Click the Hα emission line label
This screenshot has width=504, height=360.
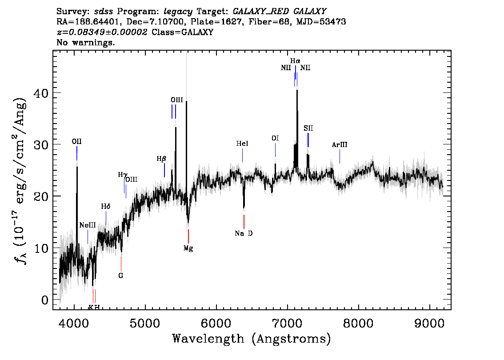[295, 61]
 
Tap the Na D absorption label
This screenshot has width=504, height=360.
[244, 233]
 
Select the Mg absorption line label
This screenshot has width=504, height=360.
[188, 248]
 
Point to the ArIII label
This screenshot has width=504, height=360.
[340, 144]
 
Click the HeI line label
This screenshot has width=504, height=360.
[242, 144]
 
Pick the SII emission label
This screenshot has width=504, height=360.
[308, 128]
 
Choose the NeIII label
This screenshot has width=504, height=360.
[88, 225]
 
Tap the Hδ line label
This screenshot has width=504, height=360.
[106, 206]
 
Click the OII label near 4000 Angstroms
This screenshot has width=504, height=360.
[76, 141]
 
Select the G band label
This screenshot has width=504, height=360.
[121, 276]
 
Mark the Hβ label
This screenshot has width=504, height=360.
[161, 159]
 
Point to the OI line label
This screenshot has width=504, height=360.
[275, 138]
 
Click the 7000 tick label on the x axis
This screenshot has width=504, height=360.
[287, 324]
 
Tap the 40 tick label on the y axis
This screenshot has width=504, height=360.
[41, 93]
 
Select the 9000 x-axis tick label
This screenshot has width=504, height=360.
[429, 324]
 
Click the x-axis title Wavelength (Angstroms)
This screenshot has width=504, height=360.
[252, 339]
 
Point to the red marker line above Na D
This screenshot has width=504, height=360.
[244, 222]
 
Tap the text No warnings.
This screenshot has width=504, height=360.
[85, 42]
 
